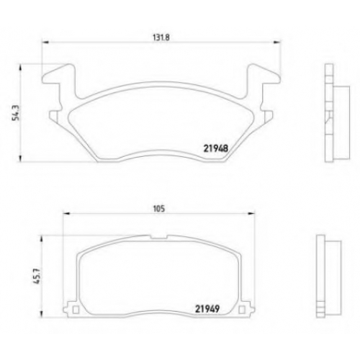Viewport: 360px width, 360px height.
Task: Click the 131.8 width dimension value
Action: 161,37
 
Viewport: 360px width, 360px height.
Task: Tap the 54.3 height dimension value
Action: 17,112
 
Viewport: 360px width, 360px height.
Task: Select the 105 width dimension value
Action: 159,209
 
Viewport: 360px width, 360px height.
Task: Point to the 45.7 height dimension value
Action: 38,276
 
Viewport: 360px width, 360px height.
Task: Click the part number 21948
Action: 216,149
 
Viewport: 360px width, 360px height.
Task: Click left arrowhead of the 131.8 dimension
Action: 45,42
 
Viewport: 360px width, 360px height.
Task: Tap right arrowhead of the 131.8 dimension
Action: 276,42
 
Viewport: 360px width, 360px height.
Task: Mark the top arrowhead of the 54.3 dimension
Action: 21,68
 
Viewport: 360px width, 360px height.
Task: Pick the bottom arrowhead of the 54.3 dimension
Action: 21,158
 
